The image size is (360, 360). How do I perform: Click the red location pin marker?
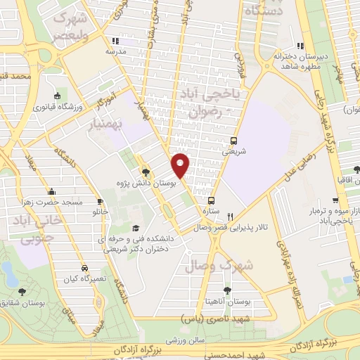pyautogui.click(x=181, y=165)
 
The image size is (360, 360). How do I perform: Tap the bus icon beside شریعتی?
pyautogui.click(x=234, y=140)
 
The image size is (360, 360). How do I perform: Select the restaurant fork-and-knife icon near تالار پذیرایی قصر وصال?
pyautogui.click(x=229, y=217)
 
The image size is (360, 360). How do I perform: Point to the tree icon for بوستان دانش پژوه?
pyautogui.click(x=146, y=171)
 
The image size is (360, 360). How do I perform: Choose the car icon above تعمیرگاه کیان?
pyautogui.click(x=84, y=269)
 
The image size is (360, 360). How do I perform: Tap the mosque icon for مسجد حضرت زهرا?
pyautogui.click(x=51, y=191)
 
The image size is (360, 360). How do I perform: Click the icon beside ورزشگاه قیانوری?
pyautogui.click(x=57, y=96)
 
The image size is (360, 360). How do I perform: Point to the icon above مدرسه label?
pyautogui.click(x=115, y=41)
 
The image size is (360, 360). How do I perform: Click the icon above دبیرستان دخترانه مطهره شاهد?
pyautogui.click(x=301, y=46)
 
